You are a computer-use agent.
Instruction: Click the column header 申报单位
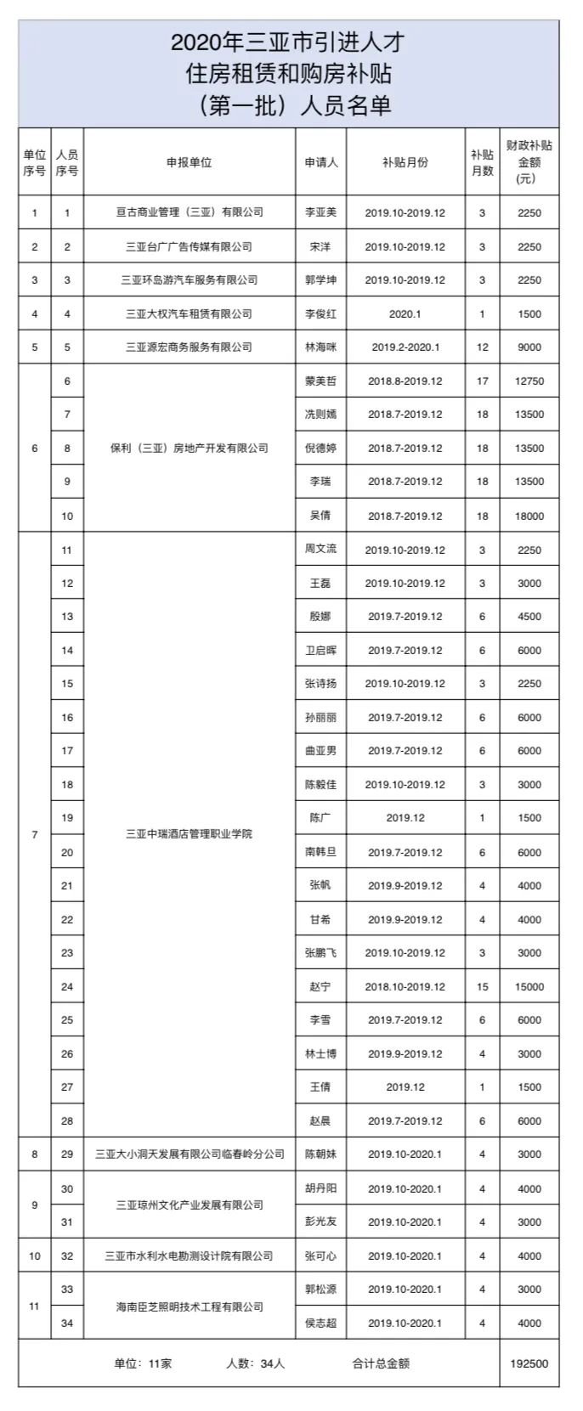point(189,162)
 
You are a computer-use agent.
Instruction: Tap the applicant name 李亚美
point(320,212)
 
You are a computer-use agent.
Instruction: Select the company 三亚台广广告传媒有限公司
point(189,247)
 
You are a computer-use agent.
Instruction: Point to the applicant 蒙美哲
point(320,381)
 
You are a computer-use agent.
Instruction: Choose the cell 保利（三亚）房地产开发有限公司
point(189,448)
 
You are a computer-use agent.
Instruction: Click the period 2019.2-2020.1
point(405,347)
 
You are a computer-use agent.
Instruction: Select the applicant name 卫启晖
point(320,651)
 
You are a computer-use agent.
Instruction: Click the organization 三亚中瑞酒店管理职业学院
point(189,834)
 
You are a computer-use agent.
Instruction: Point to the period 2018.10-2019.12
point(405,987)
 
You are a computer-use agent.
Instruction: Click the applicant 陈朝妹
point(320,1154)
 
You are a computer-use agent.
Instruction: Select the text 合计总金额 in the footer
point(381,1364)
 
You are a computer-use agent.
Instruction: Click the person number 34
point(67,1323)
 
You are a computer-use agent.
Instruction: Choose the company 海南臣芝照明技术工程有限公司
point(189,1307)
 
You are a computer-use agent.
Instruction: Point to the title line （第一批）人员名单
point(289,105)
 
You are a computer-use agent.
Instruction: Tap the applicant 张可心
point(320,1256)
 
